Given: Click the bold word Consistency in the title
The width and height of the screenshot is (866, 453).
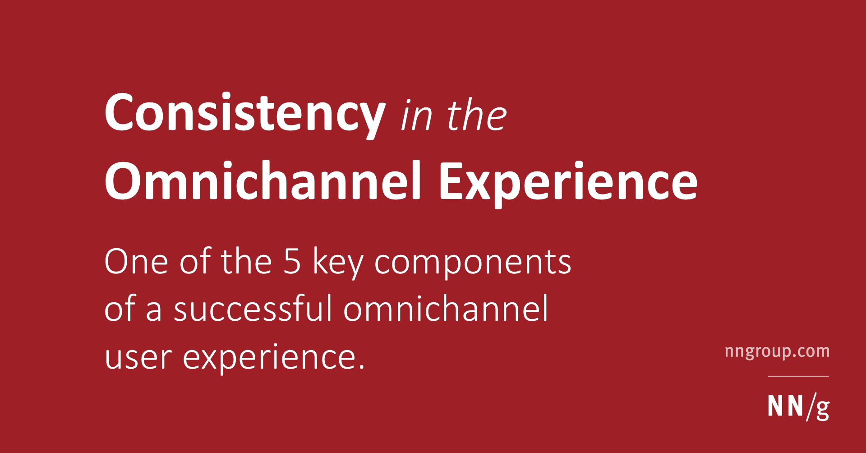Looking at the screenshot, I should (x=244, y=113).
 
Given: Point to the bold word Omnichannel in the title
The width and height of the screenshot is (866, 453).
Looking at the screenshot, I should (x=263, y=181).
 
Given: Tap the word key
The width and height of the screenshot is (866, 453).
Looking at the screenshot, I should (x=338, y=263).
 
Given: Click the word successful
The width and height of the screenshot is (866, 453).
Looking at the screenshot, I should (x=253, y=309).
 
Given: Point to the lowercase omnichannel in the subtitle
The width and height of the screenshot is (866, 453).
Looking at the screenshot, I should (x=446, y=309).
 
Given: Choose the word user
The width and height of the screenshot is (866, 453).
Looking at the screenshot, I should (x=138, y=358).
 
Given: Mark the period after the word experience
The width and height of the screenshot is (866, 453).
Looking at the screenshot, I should (x=361, y=368).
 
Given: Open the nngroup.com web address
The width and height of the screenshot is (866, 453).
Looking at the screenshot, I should (x=777, y=351).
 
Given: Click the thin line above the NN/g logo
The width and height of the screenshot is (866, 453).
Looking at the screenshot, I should (x=798, y=376).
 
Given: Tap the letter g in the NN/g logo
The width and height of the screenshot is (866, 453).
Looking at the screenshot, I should (x=822, y=409).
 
